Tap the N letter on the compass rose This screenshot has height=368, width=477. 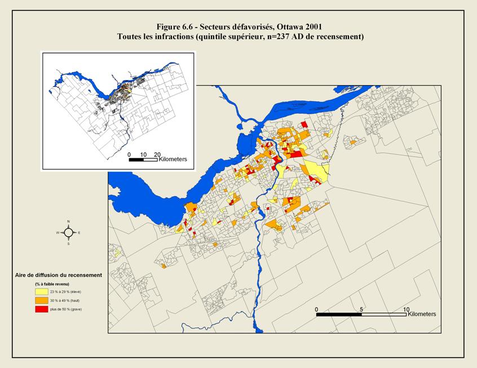click(x=68, y=221)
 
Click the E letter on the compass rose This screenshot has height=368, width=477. click(x=79, y=232)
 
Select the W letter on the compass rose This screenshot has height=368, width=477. click(x=58, y=232)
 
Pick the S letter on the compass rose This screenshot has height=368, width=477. click(x=68, y=243)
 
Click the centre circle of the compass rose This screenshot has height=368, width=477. click(x=68, y=232)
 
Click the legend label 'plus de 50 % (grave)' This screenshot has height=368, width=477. click(x=69, y=310)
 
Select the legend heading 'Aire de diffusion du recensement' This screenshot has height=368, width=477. click(x=58, y=275)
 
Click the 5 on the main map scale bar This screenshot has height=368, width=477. click(x=361, y=309)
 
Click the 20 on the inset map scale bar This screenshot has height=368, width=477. click(x=157, y=154)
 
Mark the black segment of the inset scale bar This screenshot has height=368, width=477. click(x=136, y=159)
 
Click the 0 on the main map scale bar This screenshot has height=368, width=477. click(x=317, y=309)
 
